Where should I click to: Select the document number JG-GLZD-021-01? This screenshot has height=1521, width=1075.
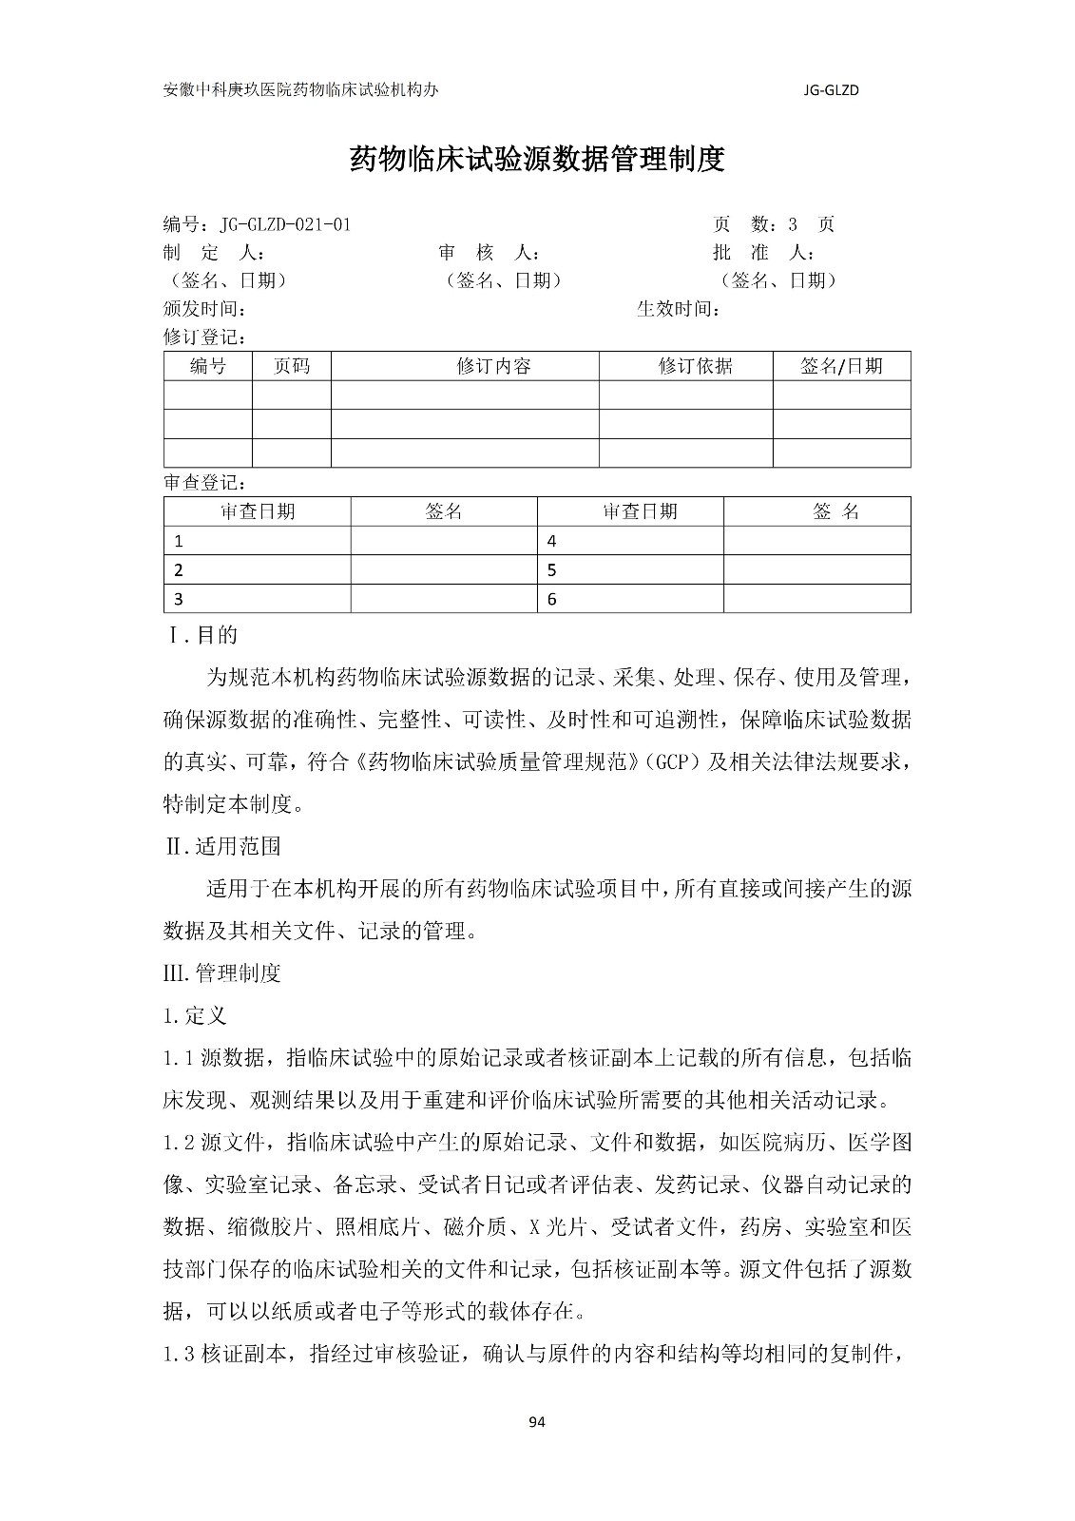pyautogui.click(x=285, y=225)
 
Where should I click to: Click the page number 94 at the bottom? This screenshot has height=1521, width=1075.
pyautogui.click(x=537, y=1422)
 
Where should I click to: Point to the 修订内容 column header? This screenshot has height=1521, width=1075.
pyautogui.click(x=493, y=367)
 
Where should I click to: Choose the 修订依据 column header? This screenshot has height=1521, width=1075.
pyautogui.click(x=695, y=367)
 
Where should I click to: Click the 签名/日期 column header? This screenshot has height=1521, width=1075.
pyautogui.click(x=841, y=367)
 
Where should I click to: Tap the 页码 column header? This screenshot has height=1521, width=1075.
pyautogui.click(x=291, y=367)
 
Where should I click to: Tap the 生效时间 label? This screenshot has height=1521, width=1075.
pyautogui.click(x=678, y=309)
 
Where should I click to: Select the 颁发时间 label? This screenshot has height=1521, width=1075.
pyautogui.click(x=205, y=309)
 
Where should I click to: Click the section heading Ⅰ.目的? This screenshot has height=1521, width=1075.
pyautogui.click(x=202, y=635)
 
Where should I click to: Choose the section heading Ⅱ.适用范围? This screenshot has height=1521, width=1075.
pyautogui.click(x=223, y=846)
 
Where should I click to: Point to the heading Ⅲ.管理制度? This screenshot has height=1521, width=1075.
pyautogui.click(x=222, y=973)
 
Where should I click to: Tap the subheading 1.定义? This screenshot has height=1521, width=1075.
pyautogui.click(x=195, y=1015)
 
